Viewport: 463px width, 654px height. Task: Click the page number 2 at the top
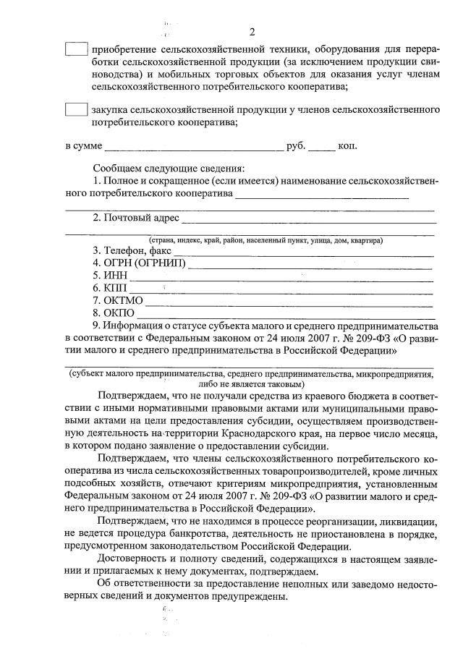252,32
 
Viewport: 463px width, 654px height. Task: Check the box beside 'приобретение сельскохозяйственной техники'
75,50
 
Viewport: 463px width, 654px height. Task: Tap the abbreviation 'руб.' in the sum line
297,146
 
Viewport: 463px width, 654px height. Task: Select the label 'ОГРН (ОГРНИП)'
145,263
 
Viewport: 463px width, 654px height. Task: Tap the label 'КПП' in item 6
116,288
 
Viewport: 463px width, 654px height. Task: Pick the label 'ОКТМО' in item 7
124,301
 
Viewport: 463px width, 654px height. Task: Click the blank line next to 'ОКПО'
285,313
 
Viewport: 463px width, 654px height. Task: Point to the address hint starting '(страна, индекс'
266,240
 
